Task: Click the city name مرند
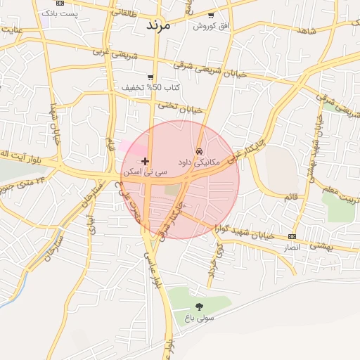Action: [157, 24]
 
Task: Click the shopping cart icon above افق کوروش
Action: [211, 15]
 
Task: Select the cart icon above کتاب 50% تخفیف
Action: [150, 77]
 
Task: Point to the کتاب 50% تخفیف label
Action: [153, 87]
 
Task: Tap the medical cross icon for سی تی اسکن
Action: [145, 161]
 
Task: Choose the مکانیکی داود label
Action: [199, 162]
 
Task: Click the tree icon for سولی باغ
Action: [199, 306]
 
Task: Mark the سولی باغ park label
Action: [199, 317]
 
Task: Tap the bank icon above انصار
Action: [292, 236]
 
